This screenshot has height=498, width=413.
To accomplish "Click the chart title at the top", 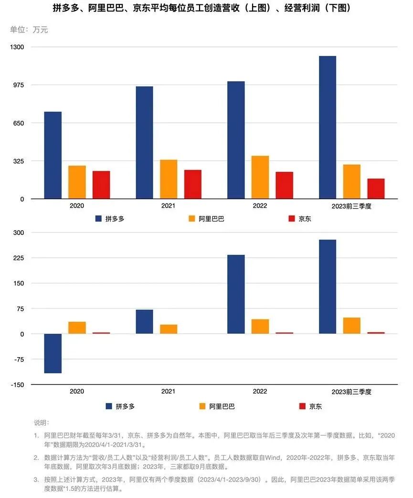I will (206, 9).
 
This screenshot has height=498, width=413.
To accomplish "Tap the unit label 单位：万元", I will (29, 30).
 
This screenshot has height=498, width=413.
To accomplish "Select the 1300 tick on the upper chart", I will (20, 47).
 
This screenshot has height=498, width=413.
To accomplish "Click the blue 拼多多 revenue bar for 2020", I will (53, 155).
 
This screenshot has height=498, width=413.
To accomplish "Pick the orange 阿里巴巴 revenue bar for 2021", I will (169, 179).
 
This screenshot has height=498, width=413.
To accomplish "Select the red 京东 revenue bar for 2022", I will (284, 185).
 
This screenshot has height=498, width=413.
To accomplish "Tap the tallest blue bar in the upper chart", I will (327, 127).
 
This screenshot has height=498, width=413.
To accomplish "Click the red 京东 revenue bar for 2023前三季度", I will (376, 189).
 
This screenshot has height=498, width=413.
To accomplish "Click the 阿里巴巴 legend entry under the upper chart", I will (206, 219).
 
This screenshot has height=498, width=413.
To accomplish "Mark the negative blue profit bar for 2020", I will (53, 353).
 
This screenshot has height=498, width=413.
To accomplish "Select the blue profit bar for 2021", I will (144, 322).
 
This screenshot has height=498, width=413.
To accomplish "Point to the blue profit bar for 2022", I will (236, 294).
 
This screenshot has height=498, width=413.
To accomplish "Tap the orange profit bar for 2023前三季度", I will (351, 326).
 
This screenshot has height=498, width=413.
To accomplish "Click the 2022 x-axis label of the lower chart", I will (260, 391).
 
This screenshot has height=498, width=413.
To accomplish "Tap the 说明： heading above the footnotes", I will (41, 423).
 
